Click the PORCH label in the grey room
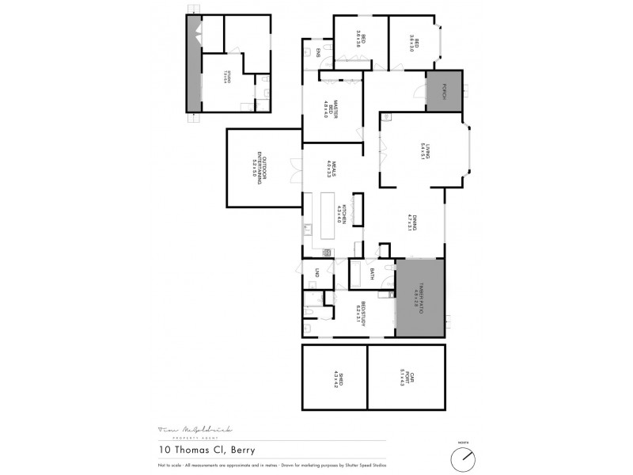pyautogui.click(x=445, y=90)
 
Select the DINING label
pyautogui.click(x=410, y=222)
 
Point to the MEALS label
pyautogui.click(x=334, y=168)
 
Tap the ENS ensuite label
pyautogui.click(x=318, y=53)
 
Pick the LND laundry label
pyautogui.click(x=316, y=272)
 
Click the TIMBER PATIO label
pyautogui.click(x=420, y=297)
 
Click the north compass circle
pyautogui.click(x=463, y=458)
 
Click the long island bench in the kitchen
pyautogui.click(x=324, y=221)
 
